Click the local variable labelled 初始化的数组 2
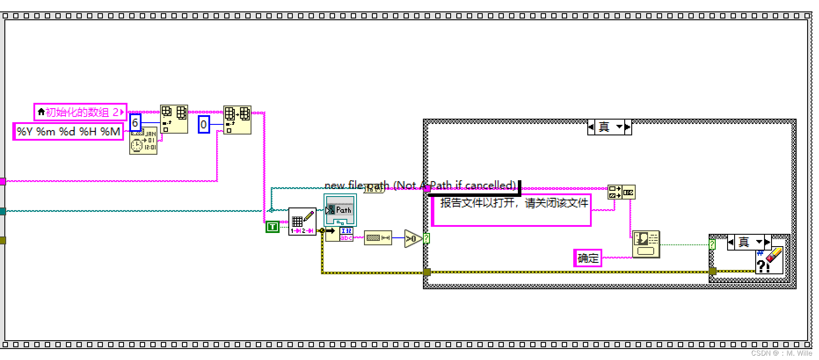click(x=80, y=112)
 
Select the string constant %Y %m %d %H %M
click(x=68, y=131)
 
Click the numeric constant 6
click(x=135, y=123)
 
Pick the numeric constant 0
click(x=204, y=124)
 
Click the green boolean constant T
click(x=273, y=227)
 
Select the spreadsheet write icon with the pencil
click(x=302, y=221)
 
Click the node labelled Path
click(x=340, y=210)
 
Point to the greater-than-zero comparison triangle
click(x=412, y=239)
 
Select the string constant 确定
click(x=588, y=258)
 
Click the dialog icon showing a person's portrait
click(x=646, y=244)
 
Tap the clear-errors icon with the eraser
click(x=769, y=261)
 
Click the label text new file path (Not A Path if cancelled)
click(x=420, y=185)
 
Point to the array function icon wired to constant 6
click(x=174, y=119)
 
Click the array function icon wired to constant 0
click(x=237, y=120)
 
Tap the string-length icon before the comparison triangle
click(x=378, y=238)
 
